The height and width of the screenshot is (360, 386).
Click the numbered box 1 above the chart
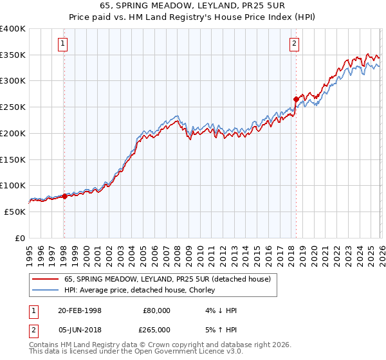coord(64,44)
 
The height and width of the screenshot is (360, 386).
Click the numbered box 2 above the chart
coord(294,44)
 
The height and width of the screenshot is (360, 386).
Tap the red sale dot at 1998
coord(64,197)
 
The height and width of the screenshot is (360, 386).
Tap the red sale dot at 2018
coord(296,100)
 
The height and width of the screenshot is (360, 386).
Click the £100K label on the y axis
coord(13,186)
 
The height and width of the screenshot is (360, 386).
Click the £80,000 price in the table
coord(156,310)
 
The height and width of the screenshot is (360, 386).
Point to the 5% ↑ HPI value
coord(222,329)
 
